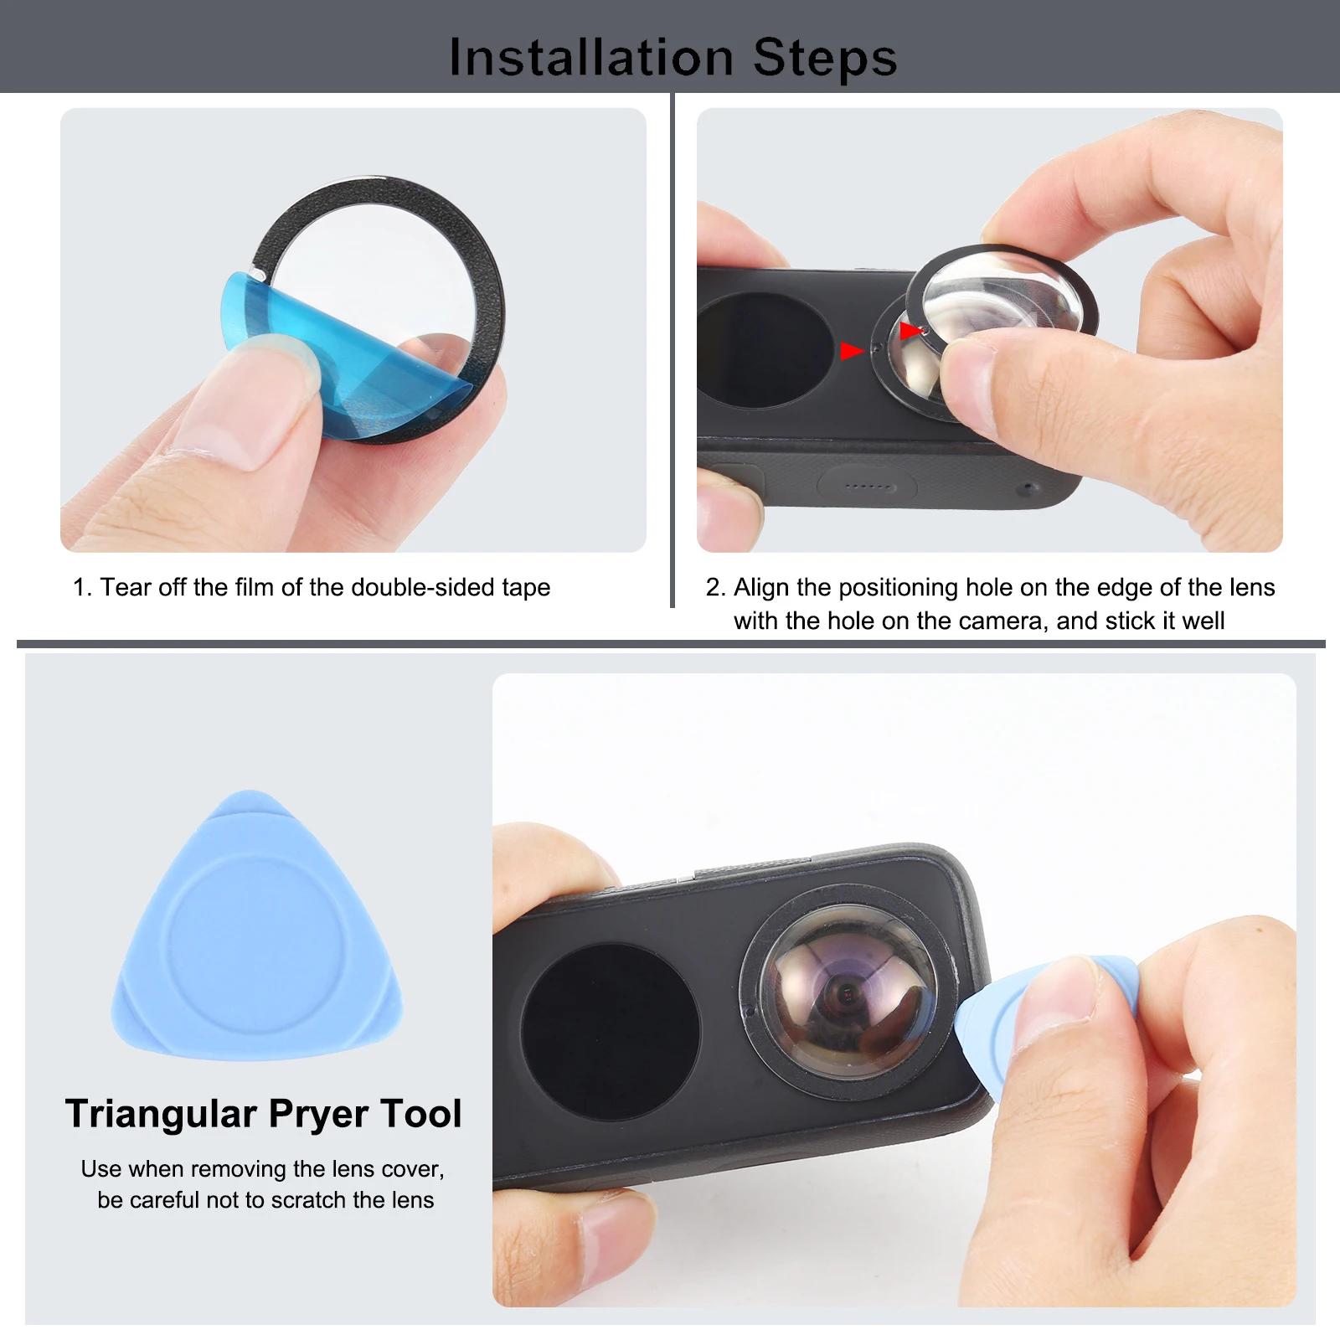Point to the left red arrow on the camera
(852, 350)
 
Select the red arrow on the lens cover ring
(910, 331)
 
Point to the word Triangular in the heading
(161, 1115)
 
